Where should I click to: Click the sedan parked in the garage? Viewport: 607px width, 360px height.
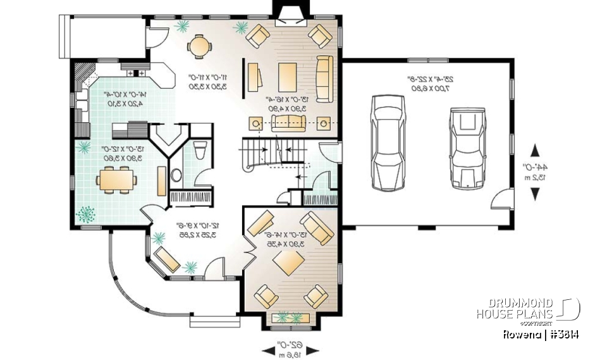click(384, 143)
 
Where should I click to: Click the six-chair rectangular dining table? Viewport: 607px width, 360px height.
click(116, 180)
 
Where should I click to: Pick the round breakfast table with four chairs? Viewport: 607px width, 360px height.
click(200, 46)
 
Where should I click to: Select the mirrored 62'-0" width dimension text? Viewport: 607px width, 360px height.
click(290, 349)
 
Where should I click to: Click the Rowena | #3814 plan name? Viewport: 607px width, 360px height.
click(541, 333)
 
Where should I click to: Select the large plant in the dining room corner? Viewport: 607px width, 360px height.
click(86, 214)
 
